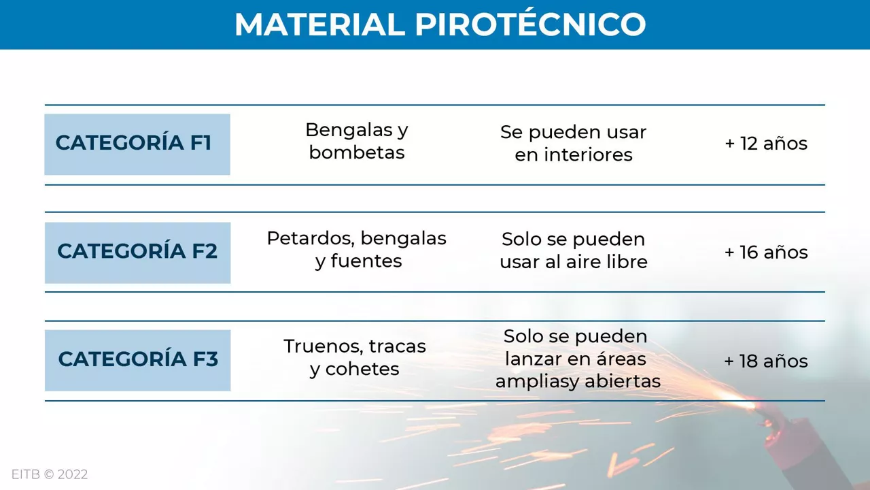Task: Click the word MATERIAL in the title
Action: point(319,25)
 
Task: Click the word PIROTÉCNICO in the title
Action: point(530,25)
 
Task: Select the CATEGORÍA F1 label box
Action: point(137,144)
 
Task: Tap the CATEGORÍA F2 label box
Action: point(137,252)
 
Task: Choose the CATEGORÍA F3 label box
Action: point(137,360)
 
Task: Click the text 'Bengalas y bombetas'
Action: point(357,141)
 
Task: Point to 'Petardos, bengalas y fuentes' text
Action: point(357,250)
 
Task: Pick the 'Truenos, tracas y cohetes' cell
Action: point(355,357)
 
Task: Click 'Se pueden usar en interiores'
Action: point(573,144)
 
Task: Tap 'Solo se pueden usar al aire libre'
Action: point(573,250)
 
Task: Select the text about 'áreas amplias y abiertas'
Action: point(578,359)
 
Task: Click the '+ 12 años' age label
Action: point(766,144)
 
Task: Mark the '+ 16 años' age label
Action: point(766,252)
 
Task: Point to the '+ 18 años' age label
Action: point(766,361)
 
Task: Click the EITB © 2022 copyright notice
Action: point(50,474)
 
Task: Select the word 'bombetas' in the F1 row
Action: point(357,152)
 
